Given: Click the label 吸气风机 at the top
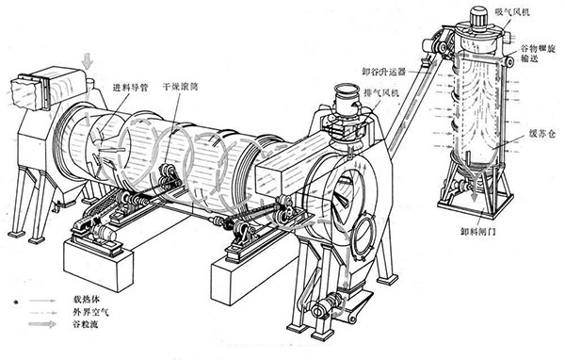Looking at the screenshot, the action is (x=512, y=12).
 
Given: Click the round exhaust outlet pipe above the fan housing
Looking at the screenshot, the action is (x=343, y=97).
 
